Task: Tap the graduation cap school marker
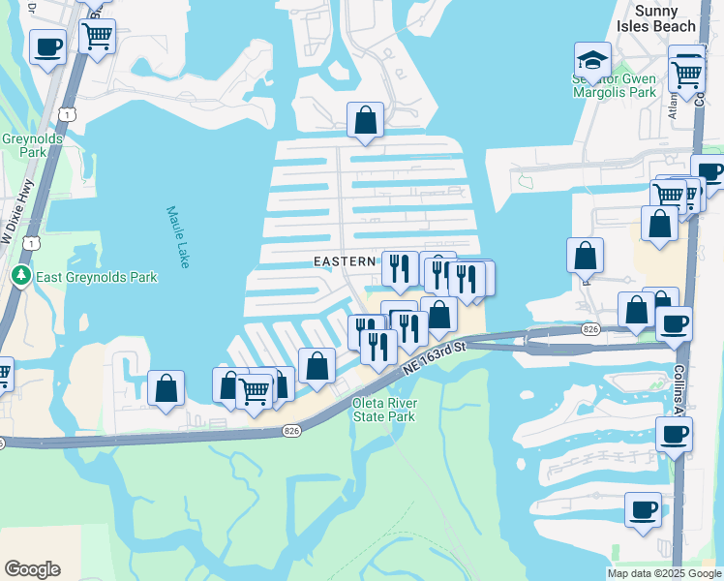pyautogui.click(x=592, y=59)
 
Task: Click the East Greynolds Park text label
pyautogui.click(x=96, y=277)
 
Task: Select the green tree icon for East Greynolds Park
pyautogui.click(x=21, y=277)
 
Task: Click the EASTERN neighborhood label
pyautogui.click(x=344, y=261)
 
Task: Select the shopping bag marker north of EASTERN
pyautogui.click(x=366, y=120)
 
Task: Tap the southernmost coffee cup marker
pyautogui.click(x=642, y=508)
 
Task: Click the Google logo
pyautogui.click(x=32, y=569)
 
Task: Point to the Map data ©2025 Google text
pyautogui.click(x=664, y=573)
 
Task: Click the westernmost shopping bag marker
pyautogui.click(x=166, y=388)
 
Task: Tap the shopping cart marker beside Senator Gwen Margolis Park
pyautogui.click(x=687, y=70)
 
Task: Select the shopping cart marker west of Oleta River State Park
pyautogui.click(x=254, y=390)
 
